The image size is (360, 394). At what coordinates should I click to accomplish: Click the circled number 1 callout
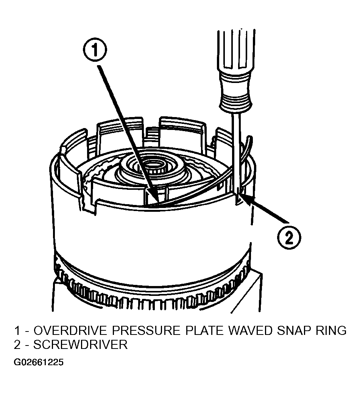point(95,50)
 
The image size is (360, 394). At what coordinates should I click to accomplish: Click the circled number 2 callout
point(289,237)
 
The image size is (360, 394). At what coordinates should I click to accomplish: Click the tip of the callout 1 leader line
point(157,201)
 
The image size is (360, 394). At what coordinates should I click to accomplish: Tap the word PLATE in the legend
point(204,330)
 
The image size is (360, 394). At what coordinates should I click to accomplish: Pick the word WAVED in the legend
point(250,330)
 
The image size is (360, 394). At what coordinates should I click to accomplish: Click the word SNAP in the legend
point(293,330)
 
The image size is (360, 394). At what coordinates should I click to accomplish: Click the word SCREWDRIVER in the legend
point(80,344)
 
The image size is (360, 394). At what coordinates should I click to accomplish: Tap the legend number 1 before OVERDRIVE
point(17,330)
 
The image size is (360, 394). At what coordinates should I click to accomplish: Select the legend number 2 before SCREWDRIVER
point(17,344)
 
